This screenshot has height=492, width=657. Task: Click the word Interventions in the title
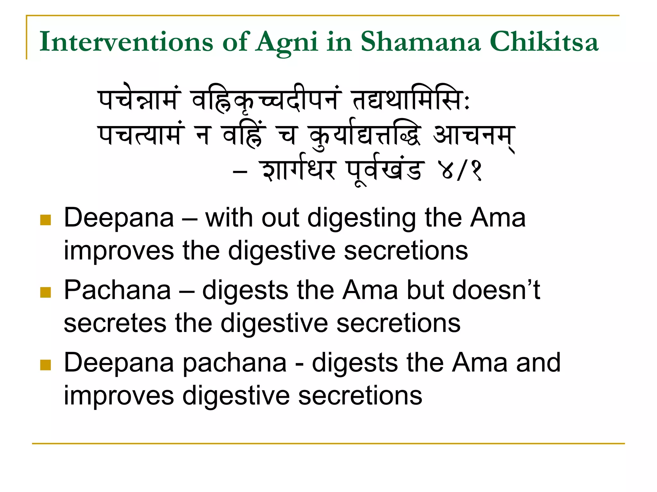point(126,42)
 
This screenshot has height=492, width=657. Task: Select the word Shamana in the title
point(421,42)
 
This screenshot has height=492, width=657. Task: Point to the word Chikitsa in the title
point(544,42)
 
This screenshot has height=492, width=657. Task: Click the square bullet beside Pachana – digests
point(46,292)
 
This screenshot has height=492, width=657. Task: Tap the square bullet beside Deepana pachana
point(46,364)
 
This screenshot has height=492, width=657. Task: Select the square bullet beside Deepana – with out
point(46,220)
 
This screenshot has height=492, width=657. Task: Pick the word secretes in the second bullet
point(115,323)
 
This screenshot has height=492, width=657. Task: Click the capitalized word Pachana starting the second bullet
point(117,290)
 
